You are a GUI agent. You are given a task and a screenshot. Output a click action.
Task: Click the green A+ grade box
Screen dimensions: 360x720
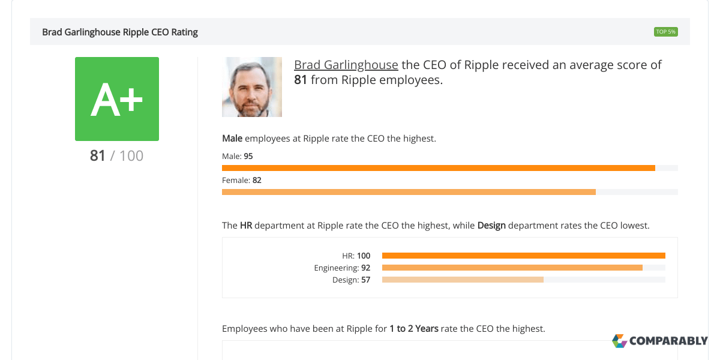pos(117,99)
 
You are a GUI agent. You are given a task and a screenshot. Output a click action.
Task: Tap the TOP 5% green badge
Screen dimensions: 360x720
pos(665,32)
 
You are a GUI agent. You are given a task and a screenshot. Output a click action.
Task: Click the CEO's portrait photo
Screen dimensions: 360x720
pos(252,87)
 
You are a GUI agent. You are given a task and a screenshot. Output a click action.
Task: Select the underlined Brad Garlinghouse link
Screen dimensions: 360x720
pos(346,65)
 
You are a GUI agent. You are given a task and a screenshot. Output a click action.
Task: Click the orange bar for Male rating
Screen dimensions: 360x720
pos(438,168)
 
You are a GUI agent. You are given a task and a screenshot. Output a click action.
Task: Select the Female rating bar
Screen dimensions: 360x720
pos(408,192)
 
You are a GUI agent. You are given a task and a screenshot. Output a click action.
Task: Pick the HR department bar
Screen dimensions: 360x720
pos(523,256)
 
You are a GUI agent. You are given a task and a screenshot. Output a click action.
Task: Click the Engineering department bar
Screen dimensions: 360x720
pos(512,268)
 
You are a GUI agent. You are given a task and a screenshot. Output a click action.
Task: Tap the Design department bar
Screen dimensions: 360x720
pos(463,280)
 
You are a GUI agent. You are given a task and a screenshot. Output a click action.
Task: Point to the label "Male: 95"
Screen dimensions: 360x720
pos(238,156)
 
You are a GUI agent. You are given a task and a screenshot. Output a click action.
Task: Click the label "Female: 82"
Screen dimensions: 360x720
pos(241,180)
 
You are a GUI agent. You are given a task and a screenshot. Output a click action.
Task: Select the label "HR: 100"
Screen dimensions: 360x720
pos(356,256)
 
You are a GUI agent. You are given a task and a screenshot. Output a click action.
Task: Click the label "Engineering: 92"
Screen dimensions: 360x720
pos(342,268)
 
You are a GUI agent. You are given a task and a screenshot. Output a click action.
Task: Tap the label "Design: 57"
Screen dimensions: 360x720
pos(351,280)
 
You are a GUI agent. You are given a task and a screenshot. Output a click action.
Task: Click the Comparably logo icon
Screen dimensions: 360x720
pos(619,341)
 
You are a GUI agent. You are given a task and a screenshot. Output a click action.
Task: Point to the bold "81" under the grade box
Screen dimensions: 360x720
pos(98,156)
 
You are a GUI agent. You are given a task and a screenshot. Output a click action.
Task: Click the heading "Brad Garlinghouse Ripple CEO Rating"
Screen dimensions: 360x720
pos(120,32)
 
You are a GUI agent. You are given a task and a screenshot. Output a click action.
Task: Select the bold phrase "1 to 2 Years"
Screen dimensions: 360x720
pos(413,329)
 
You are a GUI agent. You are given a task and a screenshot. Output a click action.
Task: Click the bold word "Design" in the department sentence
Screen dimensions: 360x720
pos(491,226)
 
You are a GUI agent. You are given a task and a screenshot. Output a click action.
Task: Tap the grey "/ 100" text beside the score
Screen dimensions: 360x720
pos(127,156)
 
